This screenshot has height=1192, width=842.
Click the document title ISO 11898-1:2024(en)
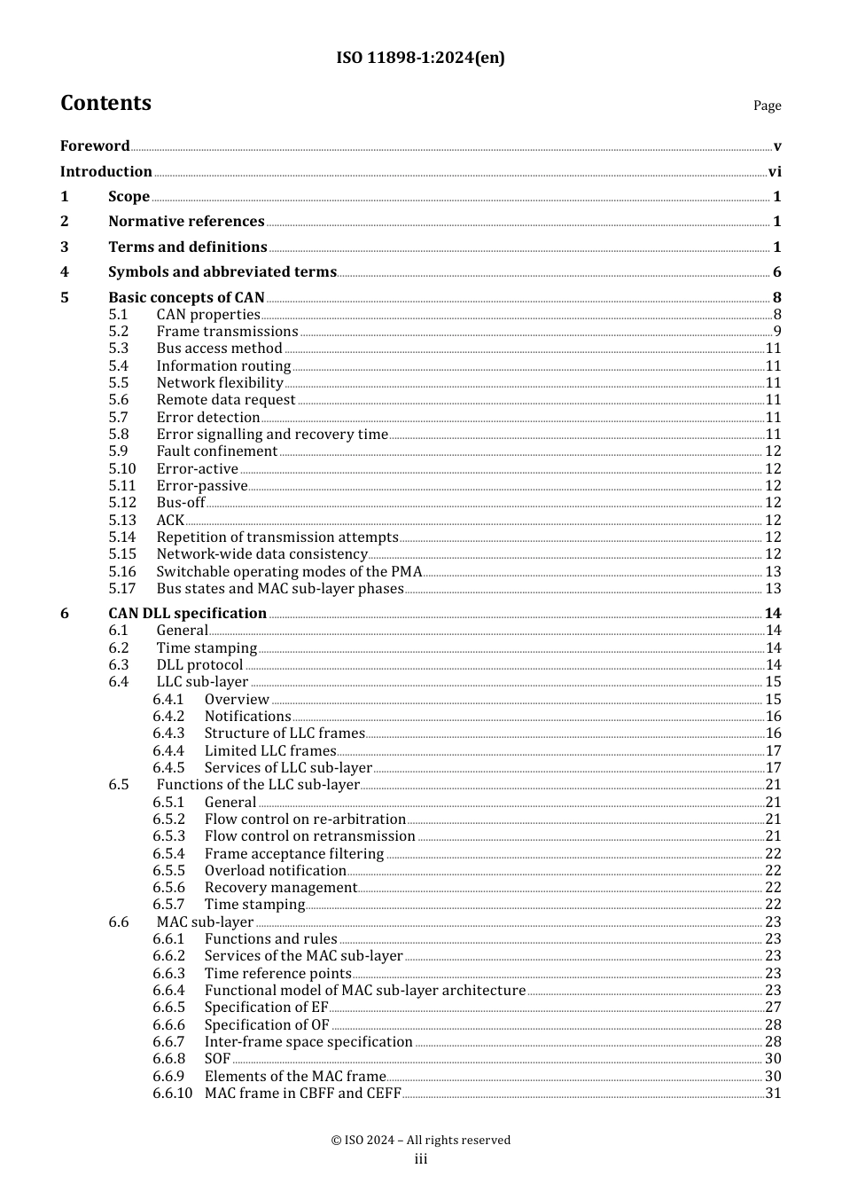point(420,59)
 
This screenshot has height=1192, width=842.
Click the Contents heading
point(105,103)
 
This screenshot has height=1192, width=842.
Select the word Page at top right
point(767,106)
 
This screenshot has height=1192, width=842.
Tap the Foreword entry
point(95,145)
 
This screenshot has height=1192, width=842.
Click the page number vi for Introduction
point(774,172)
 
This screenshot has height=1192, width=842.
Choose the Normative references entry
point(186,222)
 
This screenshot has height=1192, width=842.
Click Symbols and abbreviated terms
point(222,272)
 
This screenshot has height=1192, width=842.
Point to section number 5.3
point(119,349)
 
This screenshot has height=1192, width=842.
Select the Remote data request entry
point(225,400)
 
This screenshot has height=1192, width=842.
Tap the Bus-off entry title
point(181,503)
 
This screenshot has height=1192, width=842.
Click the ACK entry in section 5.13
point(170,521)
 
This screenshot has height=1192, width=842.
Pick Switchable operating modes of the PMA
point(289,572)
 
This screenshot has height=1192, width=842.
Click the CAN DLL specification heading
point(187,614)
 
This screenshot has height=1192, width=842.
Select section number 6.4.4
point(168,751)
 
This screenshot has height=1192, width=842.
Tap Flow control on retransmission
point(309,836)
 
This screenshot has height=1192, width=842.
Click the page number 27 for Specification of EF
point(773,1008)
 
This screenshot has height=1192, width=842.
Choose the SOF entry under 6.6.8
point(217,1059)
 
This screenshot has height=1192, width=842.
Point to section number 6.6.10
point(172,1094)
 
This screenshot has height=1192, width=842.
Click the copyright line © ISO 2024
point(420,1141)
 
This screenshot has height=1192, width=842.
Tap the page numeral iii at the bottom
point(421,1159)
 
